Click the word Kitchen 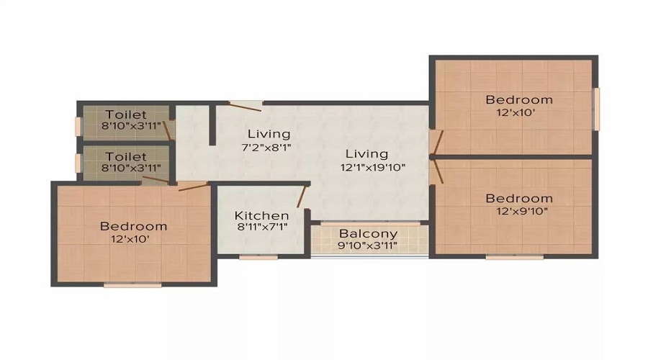pyautogui.click(x=261, y=215)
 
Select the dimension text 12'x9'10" pyautogui.click(x=522, y=211)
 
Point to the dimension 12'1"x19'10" pyautogui.click(x=373, y=167)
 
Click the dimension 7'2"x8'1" pyautogui.click(x=266, y=147)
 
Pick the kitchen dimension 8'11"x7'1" pyautogui.click(x=262, y=227)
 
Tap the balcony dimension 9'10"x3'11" pyautogui.click(x=367, y=246)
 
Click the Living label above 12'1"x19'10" pyautogui.click(x=367, y=154)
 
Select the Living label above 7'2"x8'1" pyautogui.click(x=269, y=135)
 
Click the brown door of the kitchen pyautogui.click(x=302, y=197)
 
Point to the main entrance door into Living pyautogui.click(x=246, y=107)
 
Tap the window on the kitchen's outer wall pyautogui.click(x=258, y=258)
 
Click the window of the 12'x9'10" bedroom pyautogui.click(x=514, y=258)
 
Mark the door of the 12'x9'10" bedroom pyautogui.click(x=437, y=171)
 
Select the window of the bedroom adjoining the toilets pyautogui.click(x=132, y=285)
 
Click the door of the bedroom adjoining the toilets pyautogui.click(x=193, y=186)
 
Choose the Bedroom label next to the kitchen pyautogui.click(x=133, y=226)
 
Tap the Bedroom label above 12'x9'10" pyautogui.click(x=519, y=199)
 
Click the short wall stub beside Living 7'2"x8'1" pyautogui.click(x=212, y=125)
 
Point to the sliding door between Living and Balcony pyautogui.click(x=371, y=224)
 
